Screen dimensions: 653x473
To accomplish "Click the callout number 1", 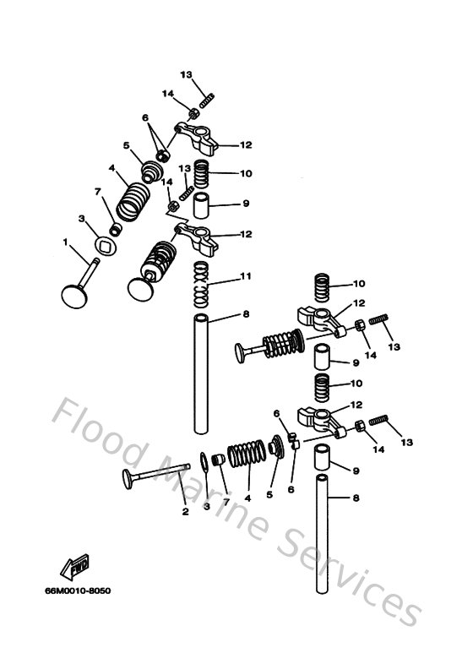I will tap(65, 242).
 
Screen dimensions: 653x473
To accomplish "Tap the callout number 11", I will tap(246, 276).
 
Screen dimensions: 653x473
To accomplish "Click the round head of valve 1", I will tap(73, 296).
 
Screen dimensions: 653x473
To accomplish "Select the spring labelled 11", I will tap(200, 286).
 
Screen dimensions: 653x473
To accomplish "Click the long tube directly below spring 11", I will tap(201, 372).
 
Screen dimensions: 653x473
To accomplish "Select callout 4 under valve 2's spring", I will tap(247, 498).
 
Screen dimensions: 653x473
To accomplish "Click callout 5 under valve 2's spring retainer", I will tap(270, 495).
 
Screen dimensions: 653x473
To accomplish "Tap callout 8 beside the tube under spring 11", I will tap(246, 314).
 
